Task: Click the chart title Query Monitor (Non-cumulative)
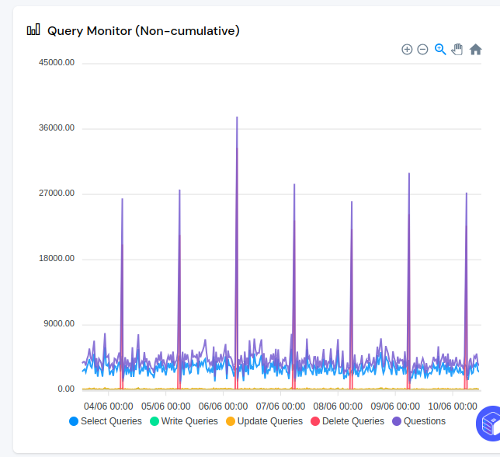click(x=143, y=31)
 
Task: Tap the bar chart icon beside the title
click(x=33, y=30)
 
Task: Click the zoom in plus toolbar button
click(x=407, y=49)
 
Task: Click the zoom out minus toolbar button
click(x=422, y=49)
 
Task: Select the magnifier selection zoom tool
click(x=440, y=49)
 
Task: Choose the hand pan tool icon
click(x=457, y=49)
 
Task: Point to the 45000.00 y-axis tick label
click(x=57, y=63)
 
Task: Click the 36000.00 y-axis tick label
click(x=57, y=128)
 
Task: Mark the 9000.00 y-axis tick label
click(x=59, y=324)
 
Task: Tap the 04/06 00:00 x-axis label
click(x=109, y=406)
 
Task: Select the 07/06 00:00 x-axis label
click(x=281, y=406)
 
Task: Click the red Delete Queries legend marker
click(x=315, y=421)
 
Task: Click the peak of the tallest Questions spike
click(x=237, y=117)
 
